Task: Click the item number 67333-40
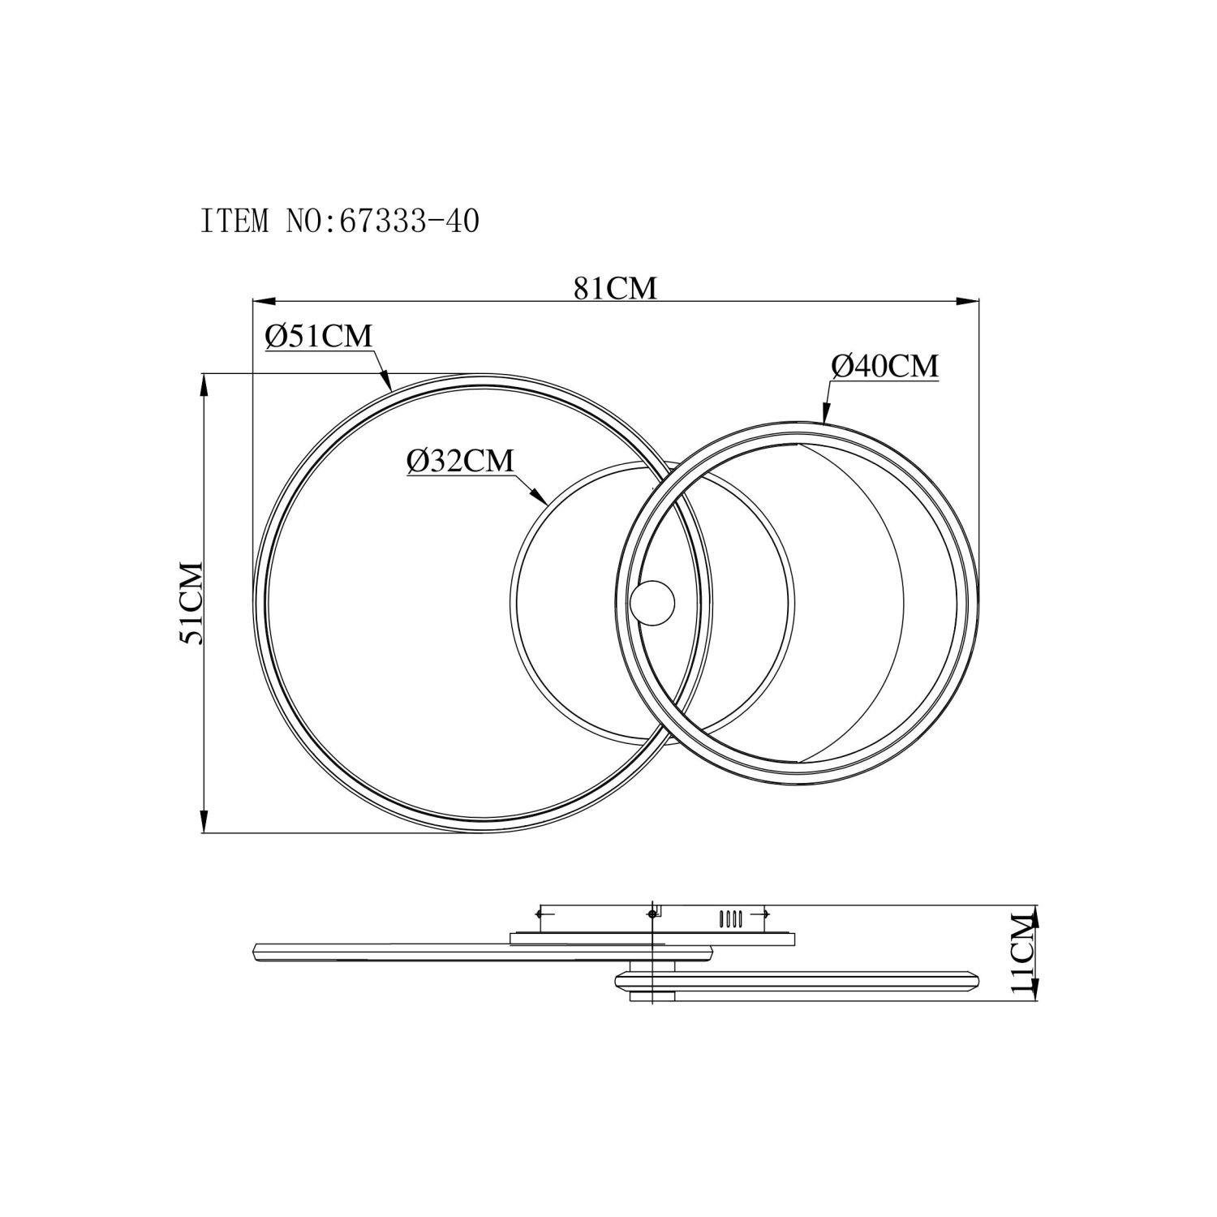pos(409,220)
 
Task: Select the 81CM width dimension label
pos(615,288)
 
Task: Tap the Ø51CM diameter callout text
pos(318,336)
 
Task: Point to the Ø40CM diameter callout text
pos(884,366)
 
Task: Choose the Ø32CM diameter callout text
pos(460,461)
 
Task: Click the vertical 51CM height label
pos(191,602)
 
